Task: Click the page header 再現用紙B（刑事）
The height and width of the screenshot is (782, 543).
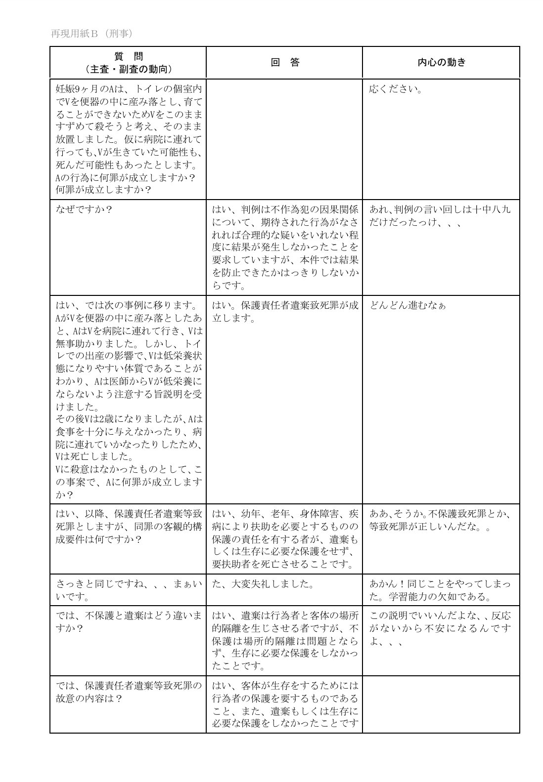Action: pos(91,34)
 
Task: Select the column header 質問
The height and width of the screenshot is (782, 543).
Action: pos(128,56)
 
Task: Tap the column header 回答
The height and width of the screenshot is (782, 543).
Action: pos(284,62)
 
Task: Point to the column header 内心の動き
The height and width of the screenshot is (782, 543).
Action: pos(441,62)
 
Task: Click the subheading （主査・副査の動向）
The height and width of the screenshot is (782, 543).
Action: pos(128,69)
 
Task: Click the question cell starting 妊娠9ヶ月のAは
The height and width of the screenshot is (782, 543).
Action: pos(128,139)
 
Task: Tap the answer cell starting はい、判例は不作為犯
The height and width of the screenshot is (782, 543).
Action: pos(285,247)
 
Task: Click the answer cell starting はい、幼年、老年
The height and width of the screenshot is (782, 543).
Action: pos(285,538)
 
